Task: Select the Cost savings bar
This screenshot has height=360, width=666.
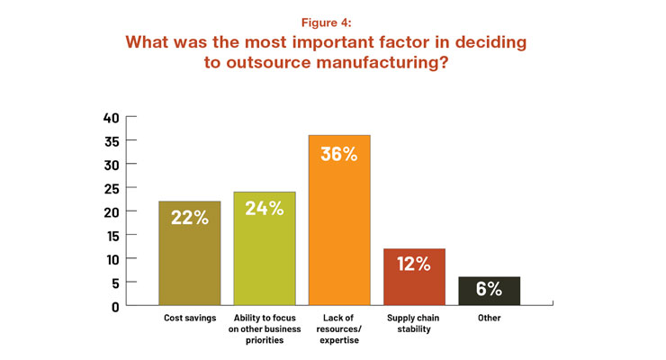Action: coord(190,261)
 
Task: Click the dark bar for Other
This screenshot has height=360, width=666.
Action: coord(489,292)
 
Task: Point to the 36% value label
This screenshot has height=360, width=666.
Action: coord(339,154)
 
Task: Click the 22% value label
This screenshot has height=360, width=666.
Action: coord(190,219)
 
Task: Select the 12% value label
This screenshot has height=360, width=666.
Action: coord(414,265)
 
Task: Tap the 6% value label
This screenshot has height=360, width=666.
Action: coord(489,290)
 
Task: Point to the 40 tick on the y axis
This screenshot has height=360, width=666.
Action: coord(111,117)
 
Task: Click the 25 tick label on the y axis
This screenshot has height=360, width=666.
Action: coord(111,188)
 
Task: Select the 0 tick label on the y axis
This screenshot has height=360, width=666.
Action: coord(114,306)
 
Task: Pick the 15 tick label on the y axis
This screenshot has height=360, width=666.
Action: coord(111,235)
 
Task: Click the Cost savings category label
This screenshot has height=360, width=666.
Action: coord(190,319)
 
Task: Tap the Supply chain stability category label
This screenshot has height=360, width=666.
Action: coord(414,324)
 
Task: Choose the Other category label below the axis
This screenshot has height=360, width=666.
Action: coord(489,319)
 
